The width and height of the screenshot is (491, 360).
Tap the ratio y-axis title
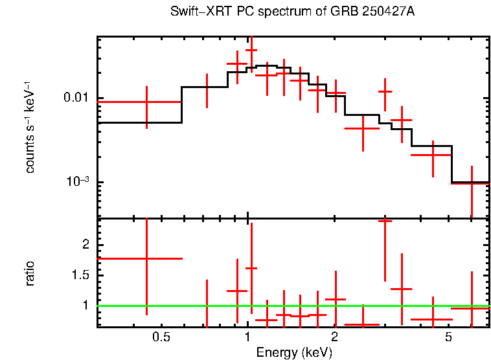30,273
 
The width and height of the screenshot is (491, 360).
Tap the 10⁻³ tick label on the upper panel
78,183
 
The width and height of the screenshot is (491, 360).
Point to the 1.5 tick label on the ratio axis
82,275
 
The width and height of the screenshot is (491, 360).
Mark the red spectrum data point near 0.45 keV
146,102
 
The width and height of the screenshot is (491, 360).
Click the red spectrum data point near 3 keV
385,91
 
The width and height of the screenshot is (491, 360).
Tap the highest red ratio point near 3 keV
385,221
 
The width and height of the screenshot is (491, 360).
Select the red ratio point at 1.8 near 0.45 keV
146,258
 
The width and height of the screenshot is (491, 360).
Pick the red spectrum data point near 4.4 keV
432,155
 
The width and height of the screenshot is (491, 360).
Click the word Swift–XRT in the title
195,12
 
